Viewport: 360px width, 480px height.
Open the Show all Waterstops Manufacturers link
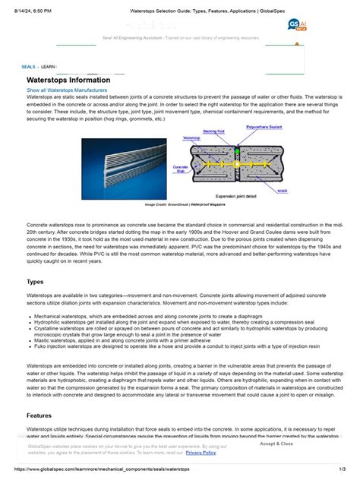67,90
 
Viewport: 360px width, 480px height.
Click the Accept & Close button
276,444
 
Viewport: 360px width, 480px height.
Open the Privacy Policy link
201,453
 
